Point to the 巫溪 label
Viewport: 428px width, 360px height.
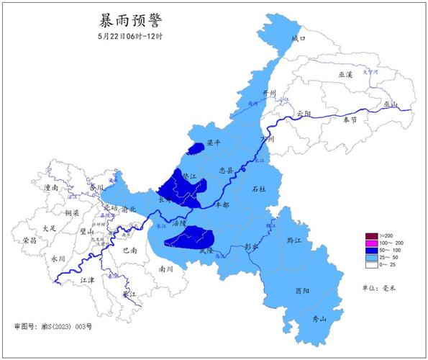click(x=347, y=74)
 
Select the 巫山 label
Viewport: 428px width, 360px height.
click(x=391, y=104)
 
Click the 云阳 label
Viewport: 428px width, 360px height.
click(x=304, y=114)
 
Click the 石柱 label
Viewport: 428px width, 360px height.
click(x=258, y=189)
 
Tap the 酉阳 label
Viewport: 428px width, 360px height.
click(x=303, y=291)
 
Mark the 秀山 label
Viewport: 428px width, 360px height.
click(x=318, y=319)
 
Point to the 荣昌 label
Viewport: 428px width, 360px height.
click(x=29, y=240)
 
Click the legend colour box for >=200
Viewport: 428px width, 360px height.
click(x=371, y=236)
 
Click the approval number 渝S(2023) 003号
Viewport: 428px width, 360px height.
click(x=53, y=326)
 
